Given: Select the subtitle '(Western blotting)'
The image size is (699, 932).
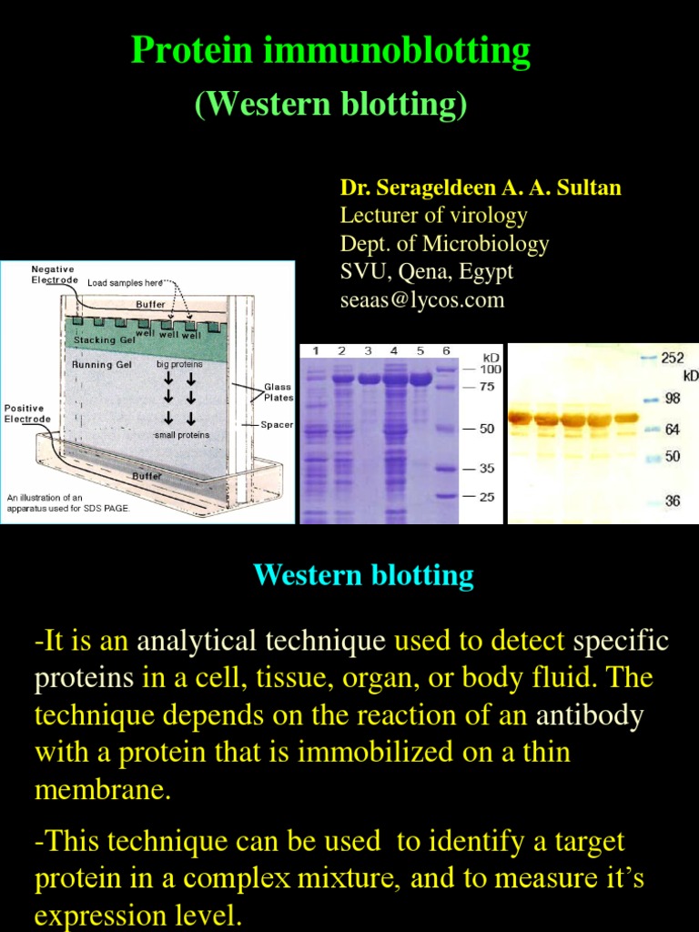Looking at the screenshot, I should click(331, 105).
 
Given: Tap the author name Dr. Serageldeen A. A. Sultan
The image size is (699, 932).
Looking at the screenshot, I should click(481, 188).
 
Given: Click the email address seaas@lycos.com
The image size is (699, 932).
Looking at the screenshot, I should click(421, 299).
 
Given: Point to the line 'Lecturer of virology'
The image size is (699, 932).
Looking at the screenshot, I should click(433, 216).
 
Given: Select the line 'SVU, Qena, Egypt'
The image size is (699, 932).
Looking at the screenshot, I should click(426, 271).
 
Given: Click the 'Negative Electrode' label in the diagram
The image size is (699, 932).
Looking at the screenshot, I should click(53, 274).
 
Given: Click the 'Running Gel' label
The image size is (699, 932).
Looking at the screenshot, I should click(102, 364).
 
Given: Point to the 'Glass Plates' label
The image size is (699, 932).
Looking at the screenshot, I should click(279, 392).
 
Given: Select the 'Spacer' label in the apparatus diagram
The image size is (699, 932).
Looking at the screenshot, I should click(277, 424).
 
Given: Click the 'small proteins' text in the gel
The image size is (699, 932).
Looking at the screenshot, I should click(181, 435).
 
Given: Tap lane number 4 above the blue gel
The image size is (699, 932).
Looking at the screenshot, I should click(394, 350).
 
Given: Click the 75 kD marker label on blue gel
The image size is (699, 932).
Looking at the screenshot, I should click(487, 386).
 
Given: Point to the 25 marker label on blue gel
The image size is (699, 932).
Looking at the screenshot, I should click(487, 497).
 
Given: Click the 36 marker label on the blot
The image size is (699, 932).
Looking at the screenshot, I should click(672, 501).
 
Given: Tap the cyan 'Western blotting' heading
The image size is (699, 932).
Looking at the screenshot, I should click(363, 575).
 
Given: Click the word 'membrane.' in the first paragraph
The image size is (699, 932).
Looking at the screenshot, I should click(102, 789).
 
